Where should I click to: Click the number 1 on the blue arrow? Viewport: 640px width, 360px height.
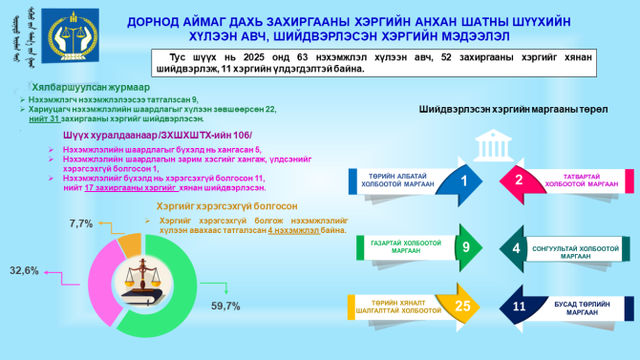coord(464,180)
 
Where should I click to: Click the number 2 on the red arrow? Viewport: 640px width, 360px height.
coord(519,180)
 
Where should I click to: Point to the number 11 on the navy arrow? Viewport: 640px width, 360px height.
coord(520,307)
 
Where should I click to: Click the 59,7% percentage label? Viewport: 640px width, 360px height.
coord(225,306)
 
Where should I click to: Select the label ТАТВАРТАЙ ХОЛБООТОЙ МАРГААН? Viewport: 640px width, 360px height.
coord(578,180)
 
